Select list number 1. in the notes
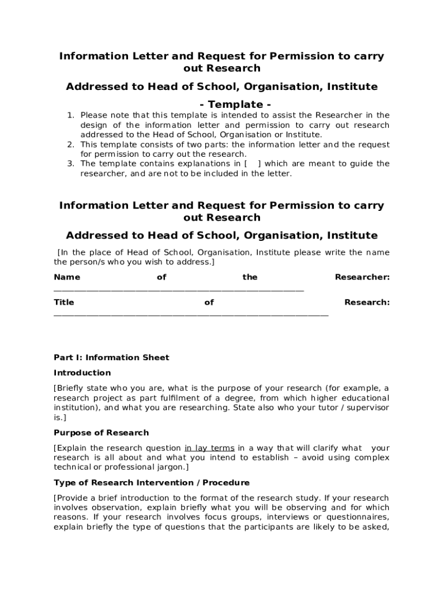(x=70, y=115)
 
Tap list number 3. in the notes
(x=70, y=164)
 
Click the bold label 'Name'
(x=67, y=277)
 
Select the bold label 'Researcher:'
(x=362, y=277)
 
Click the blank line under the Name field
(x=179, y=290)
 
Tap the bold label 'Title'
(x=64, y=302)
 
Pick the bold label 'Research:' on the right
(x=367, y=302)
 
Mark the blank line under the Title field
(x=191, y=315)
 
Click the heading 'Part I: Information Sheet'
(x=111, y=357)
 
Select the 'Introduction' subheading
(x=82, y=373)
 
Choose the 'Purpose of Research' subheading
(x=101, y=433)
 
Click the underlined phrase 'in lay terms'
(x=209, y=448)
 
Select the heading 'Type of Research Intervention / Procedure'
(x=152, y=482)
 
